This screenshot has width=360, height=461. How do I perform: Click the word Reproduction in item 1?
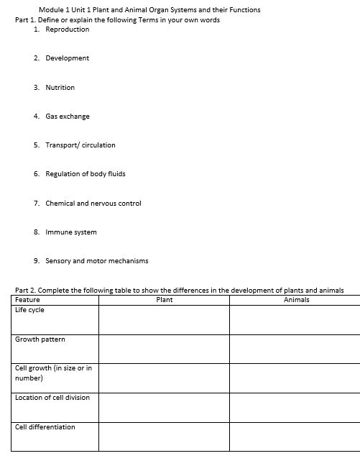click(68, 29)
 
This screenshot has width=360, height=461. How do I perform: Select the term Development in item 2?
click(68, 58)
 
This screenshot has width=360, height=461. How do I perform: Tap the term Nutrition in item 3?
click(60, 88)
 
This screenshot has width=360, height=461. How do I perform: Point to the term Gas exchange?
click(68, 117)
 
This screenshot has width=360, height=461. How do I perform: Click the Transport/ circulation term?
click(80, 145)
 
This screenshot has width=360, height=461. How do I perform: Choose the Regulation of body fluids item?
click(86, 174)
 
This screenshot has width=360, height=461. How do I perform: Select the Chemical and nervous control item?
click(93, 204)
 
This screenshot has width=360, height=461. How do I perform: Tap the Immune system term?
click(71, 232)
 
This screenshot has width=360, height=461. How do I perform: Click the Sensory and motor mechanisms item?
click(97, 261)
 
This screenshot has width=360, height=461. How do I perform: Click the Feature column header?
click(28, 300)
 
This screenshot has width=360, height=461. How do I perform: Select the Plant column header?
click(164, 300)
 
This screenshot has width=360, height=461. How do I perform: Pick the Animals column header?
click(297, 300)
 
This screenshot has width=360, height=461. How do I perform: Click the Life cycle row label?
click(30, 310)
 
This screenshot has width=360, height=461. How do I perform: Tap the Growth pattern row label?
click(40, 339)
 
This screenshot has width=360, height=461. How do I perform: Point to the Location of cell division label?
click(52, 398)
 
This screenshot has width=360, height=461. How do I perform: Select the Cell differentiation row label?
click(45, 427)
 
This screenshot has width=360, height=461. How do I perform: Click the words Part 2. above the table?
click(25, 291)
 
